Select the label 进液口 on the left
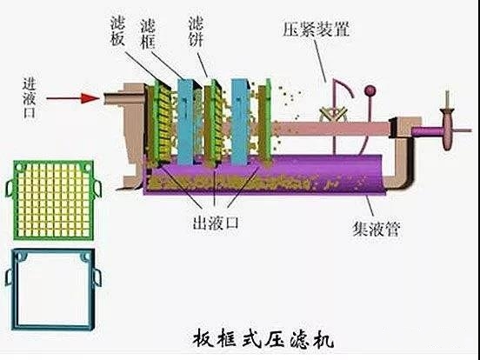pyautogui.click(x=32, y=97)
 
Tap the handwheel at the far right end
pyautogui.click(x=449, y=128)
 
